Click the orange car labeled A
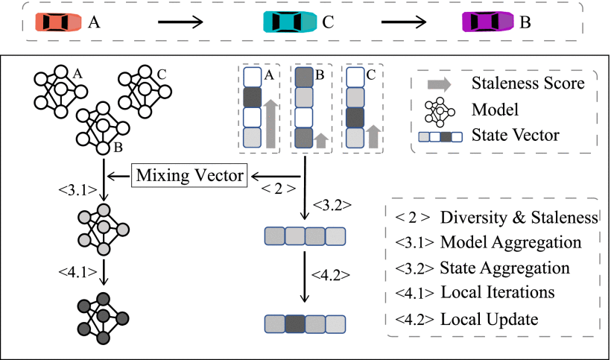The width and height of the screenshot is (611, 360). pyautogui.click(x=59, y=22)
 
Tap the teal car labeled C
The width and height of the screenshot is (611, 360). pyautogui.click(x=291, y=22)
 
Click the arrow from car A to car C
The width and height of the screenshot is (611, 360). pyautogui.click(x=180, y=22)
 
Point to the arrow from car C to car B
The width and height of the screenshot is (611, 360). pyautogui.click(x=404, y=22)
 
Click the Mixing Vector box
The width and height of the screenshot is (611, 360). pyautogui.click(x=191, y=176)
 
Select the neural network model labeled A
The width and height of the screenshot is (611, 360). pyautogui.click(x=60, y=92)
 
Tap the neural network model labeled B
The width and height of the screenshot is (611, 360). pyautogui.click(x=103, y=128)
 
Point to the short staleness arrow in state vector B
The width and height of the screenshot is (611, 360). pyautogui.click(x=320, y=140)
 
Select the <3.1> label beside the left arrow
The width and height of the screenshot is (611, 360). pyautogui.click(x=77, y=191)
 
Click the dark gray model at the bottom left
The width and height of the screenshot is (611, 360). pyautogui.click(x=103, y=318)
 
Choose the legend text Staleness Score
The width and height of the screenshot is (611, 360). pyautogui.click(x=528, y=83)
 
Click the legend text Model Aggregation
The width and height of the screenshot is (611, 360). pyautogui.click(x=511, y=242)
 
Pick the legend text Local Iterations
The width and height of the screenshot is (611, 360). pyautogui.click(x=498, y=292)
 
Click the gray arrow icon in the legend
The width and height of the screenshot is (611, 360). pyautogui.click(x=439, y=83)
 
